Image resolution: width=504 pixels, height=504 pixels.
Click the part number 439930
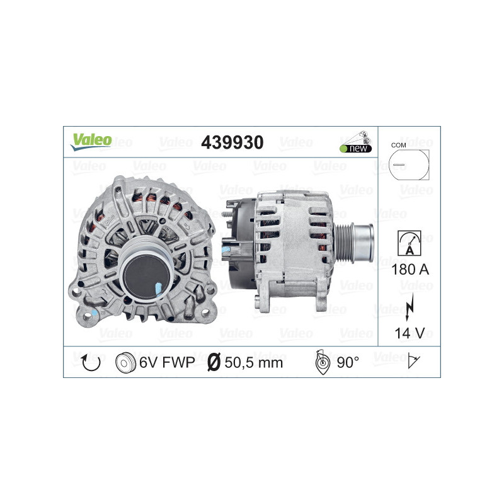click(x=232, y=142)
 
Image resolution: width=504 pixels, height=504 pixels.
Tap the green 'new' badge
click(x=356, y=148)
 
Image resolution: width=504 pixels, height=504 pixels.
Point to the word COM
click(x=398, y=145)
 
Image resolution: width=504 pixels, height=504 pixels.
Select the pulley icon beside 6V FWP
click(x=126, y=362)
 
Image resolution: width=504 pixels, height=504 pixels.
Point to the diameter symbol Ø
click(x=214, y=362)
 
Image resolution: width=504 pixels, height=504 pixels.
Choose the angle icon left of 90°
click(x=320, y=362)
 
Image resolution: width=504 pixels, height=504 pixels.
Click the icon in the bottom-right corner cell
click(x=414, y=362)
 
